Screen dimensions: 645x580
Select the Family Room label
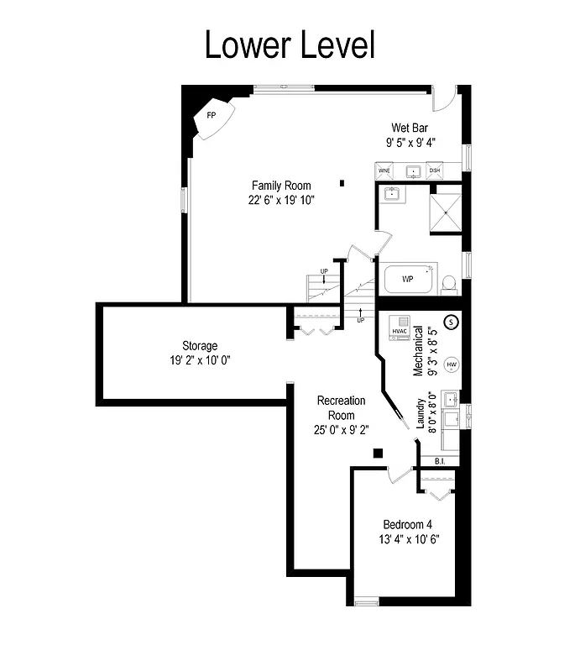pyautogui.click(x=281, y=186)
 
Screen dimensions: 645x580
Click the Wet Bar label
pyautogui.click(x=410, y=128)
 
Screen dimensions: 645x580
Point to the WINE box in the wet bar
pyautogui.click(x=384, y=170)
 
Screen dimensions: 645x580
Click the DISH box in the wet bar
pyautogui.click(x=435, y=170)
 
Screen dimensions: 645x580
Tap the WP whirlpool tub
pyautogui.click(x=409, y=279)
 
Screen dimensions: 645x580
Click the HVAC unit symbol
pyautogui.click(x=400, y=328)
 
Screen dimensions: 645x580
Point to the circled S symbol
pyautogui.click(x=450, y=321)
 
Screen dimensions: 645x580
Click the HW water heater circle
pyautogui.click(x=452, y=364)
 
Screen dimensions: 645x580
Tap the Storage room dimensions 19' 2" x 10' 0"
pyautogui.click(x=200, y=360)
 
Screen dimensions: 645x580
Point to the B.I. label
pyautogui.click(x=440, y=461)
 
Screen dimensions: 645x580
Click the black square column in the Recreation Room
pyautogui.click(x=378, y=454)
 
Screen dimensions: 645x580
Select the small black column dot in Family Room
pyautogui.click(x=342, y=182)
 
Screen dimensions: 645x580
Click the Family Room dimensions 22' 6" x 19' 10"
pyautogui.click(x=281, y=200)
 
